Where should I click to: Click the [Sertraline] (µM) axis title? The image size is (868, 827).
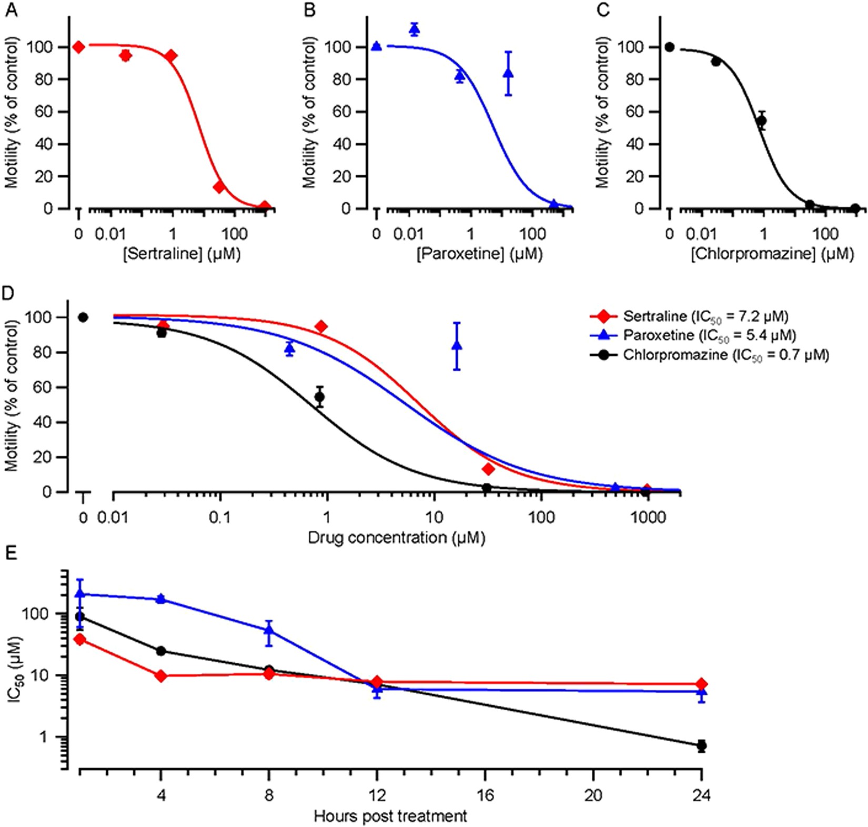coord(181,254)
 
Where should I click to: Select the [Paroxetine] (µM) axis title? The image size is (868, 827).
coord(479,254)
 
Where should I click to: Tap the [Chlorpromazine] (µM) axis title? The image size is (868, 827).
coord(772,254)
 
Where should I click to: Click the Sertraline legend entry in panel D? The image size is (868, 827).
coord(705,316)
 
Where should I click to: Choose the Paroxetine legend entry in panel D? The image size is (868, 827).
coord(709,335)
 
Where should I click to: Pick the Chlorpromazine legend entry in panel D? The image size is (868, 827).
coord(725,355)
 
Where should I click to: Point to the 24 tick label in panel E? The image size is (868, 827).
coord(701,795)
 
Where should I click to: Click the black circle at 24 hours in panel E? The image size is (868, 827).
coord(701,745)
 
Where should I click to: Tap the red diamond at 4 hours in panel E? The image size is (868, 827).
coord(162,675)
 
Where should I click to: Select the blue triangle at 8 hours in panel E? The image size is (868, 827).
coord(269,630)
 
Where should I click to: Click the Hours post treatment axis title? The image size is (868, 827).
coord(390,816)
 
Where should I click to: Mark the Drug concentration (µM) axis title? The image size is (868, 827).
coord(396,538)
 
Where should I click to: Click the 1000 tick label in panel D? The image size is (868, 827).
coord(648,518)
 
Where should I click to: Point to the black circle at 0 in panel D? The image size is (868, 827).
coord(83,317)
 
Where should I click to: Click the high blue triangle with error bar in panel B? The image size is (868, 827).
coord(508,73)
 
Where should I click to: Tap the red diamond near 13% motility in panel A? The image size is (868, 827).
coord(219,187)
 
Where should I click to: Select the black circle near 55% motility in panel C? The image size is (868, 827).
coord(761,121)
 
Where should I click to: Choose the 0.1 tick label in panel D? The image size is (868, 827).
coord(220,518)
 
